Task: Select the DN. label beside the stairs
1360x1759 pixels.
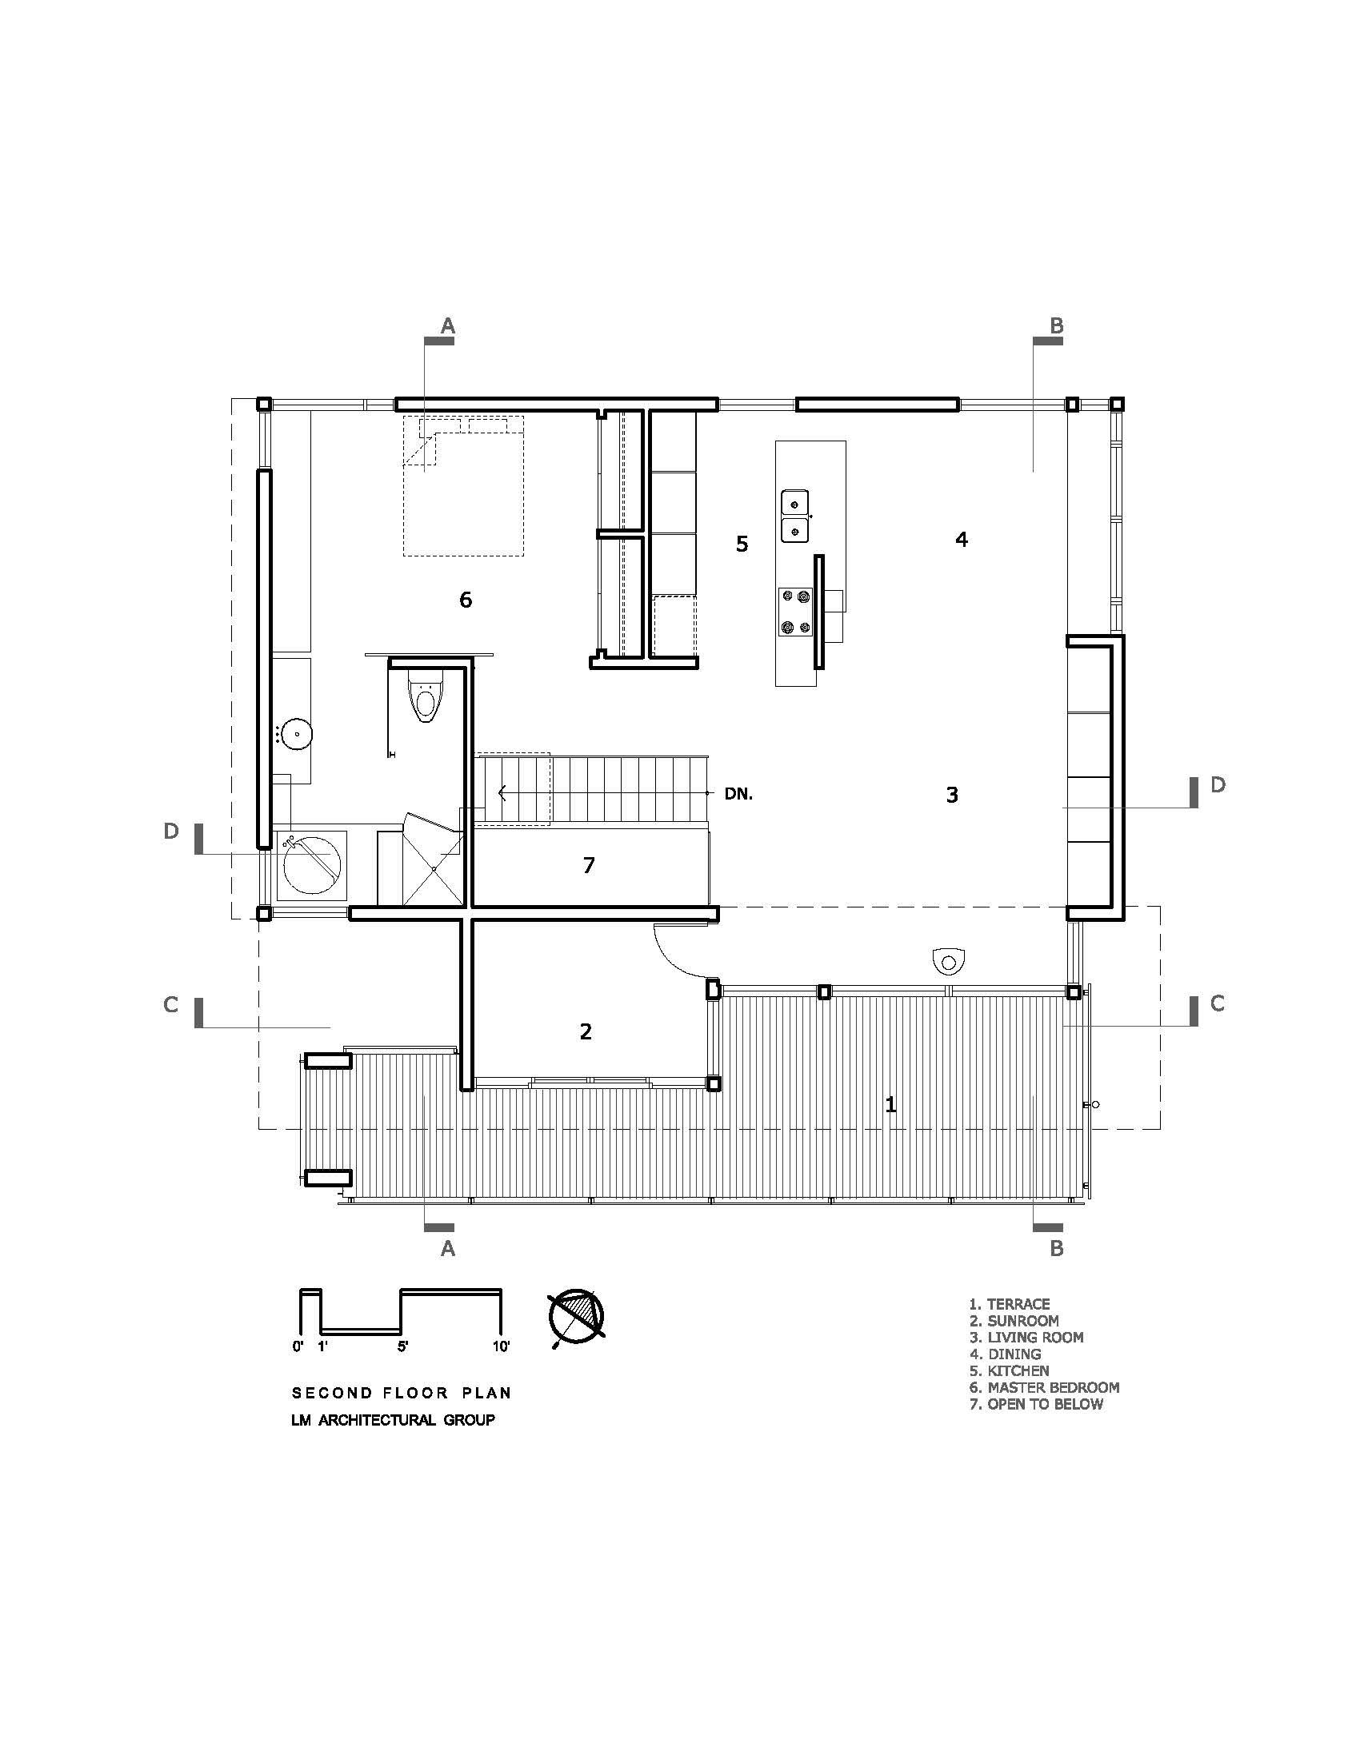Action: (739, 794)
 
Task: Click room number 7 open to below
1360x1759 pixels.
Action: (589, 865)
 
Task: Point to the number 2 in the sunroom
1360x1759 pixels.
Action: (586, 1031)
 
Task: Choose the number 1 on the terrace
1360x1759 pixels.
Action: (890, 1105)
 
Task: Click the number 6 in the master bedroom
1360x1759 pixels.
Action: (466, 599)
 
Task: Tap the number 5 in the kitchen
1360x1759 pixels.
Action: (742, 544)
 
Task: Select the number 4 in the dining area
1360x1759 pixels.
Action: (961, 540)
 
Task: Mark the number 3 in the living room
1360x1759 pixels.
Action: (952, 795)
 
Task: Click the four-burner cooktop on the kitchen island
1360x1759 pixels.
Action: (796, 612)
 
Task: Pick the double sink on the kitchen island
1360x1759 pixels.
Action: (794, 517)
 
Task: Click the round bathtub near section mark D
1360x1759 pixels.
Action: (312, 866)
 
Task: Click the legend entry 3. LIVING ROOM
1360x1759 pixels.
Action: (1026, 1337)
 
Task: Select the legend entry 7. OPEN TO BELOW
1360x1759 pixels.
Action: (1036, 1404)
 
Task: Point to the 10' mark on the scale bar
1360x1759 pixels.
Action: (501, 1346)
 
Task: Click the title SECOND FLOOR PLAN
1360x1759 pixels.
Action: (402, 1393)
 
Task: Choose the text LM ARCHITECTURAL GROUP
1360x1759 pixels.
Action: (393, 1420)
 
